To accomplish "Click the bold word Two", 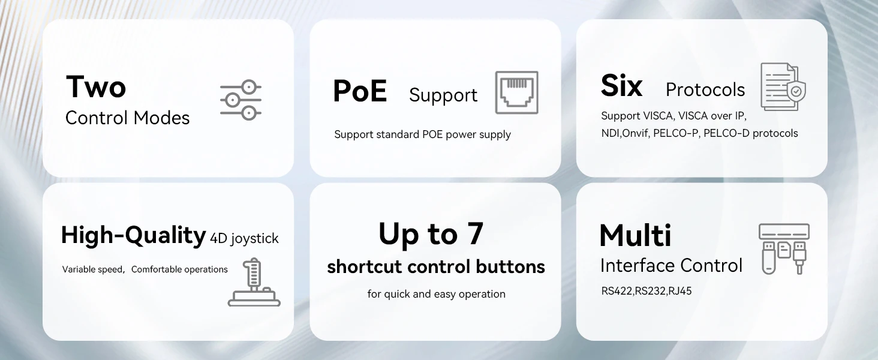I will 96,86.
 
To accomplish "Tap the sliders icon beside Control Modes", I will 240,99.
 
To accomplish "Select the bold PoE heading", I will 360,91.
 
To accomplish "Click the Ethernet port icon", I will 516,92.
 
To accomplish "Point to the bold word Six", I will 621,86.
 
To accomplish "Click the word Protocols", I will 705,90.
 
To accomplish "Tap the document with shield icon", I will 783,87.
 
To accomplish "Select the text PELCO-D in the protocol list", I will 727,133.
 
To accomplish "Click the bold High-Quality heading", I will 133,236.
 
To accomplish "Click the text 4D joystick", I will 245,239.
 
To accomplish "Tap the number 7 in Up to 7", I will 475,233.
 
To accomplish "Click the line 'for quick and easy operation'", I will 436,294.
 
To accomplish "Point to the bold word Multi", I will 635,235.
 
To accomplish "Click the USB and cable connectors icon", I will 784,248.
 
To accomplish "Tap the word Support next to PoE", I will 443,95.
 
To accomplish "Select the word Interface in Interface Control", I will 638,265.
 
